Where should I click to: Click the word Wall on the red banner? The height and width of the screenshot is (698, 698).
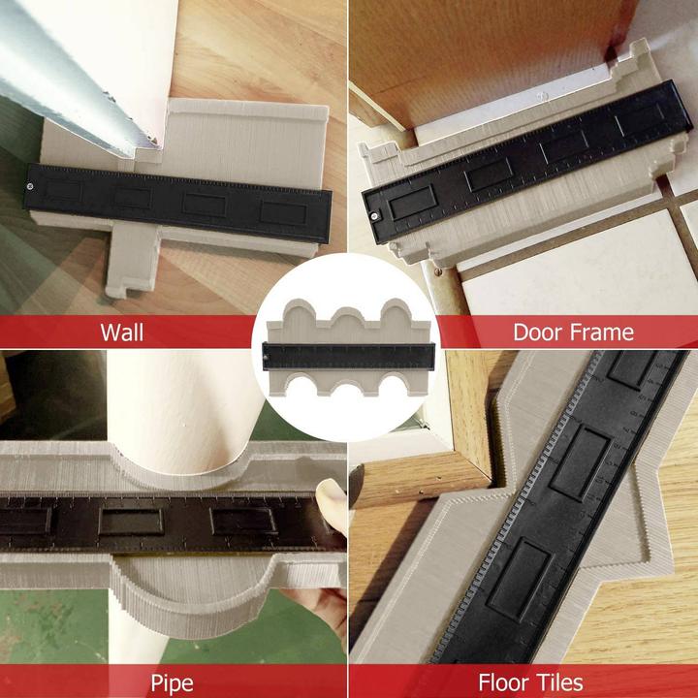pos(121,333)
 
